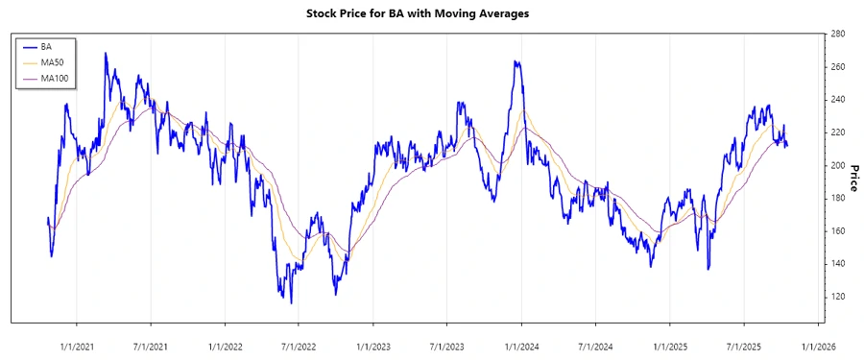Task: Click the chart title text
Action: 430,13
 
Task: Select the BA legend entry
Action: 46,46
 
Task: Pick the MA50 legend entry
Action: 52,61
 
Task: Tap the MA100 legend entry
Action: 55,78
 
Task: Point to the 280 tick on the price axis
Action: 838,35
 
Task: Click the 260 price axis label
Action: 838,67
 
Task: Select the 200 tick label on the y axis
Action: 838,165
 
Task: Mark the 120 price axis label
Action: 838,297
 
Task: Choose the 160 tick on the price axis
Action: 838,231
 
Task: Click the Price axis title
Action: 852,165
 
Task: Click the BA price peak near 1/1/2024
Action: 516,62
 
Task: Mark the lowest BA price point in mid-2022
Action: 291,303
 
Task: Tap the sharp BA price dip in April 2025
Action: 708,269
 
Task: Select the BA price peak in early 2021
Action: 105,54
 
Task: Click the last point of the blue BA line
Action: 788,147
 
